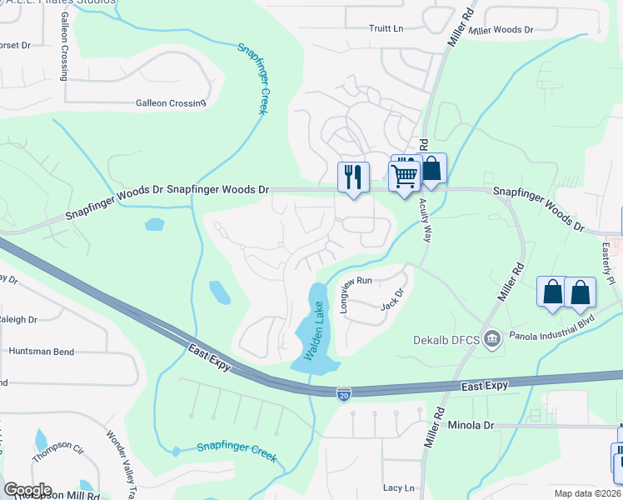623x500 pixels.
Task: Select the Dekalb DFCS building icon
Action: pos(492,338)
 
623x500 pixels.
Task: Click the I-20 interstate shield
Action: pos(344,392)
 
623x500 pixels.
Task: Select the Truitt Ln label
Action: pos(386,28)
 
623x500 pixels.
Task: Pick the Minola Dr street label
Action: pos(471,425)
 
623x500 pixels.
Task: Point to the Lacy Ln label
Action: pos(399,487)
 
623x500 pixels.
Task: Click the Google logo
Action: pos(27,490)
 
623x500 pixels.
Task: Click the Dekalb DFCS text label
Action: pos(446,339)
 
